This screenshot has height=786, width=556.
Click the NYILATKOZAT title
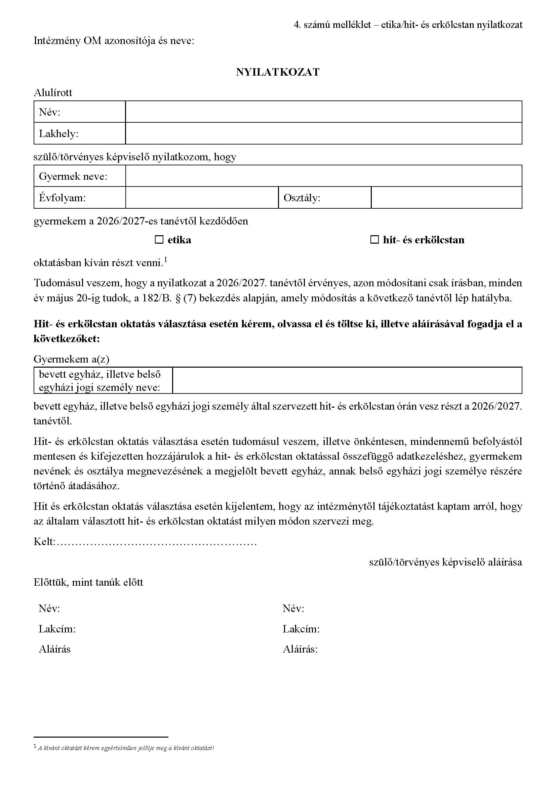point(278,72)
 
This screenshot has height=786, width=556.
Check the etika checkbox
point(159,240)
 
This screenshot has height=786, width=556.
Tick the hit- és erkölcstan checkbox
point(374,240)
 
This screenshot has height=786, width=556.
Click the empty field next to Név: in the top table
point(323,112)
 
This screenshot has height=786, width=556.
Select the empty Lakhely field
point(323,133)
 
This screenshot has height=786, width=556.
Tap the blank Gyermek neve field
point(323,176)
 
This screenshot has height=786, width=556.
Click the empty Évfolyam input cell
point(202,198)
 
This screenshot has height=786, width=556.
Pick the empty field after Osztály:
point(446,198)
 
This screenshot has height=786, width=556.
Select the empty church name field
point(347,380)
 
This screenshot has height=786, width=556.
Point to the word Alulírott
point(53,92)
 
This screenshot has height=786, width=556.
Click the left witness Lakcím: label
point(57,629)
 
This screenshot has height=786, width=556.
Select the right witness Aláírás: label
point(300,649)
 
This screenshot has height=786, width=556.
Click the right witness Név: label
point(293,608)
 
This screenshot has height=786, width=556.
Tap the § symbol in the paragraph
point(178,298)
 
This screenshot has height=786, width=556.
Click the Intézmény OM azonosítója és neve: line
point(114,41)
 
